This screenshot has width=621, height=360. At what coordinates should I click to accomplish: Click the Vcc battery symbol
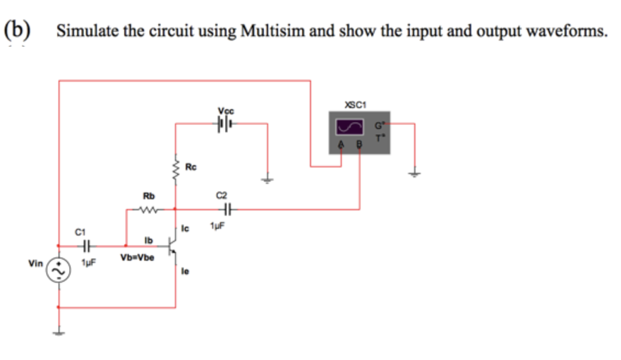226,123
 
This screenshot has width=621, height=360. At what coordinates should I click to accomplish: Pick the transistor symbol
171,246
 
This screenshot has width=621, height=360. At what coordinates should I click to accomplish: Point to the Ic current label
186,228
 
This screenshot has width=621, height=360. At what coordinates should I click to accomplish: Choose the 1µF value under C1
88,263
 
